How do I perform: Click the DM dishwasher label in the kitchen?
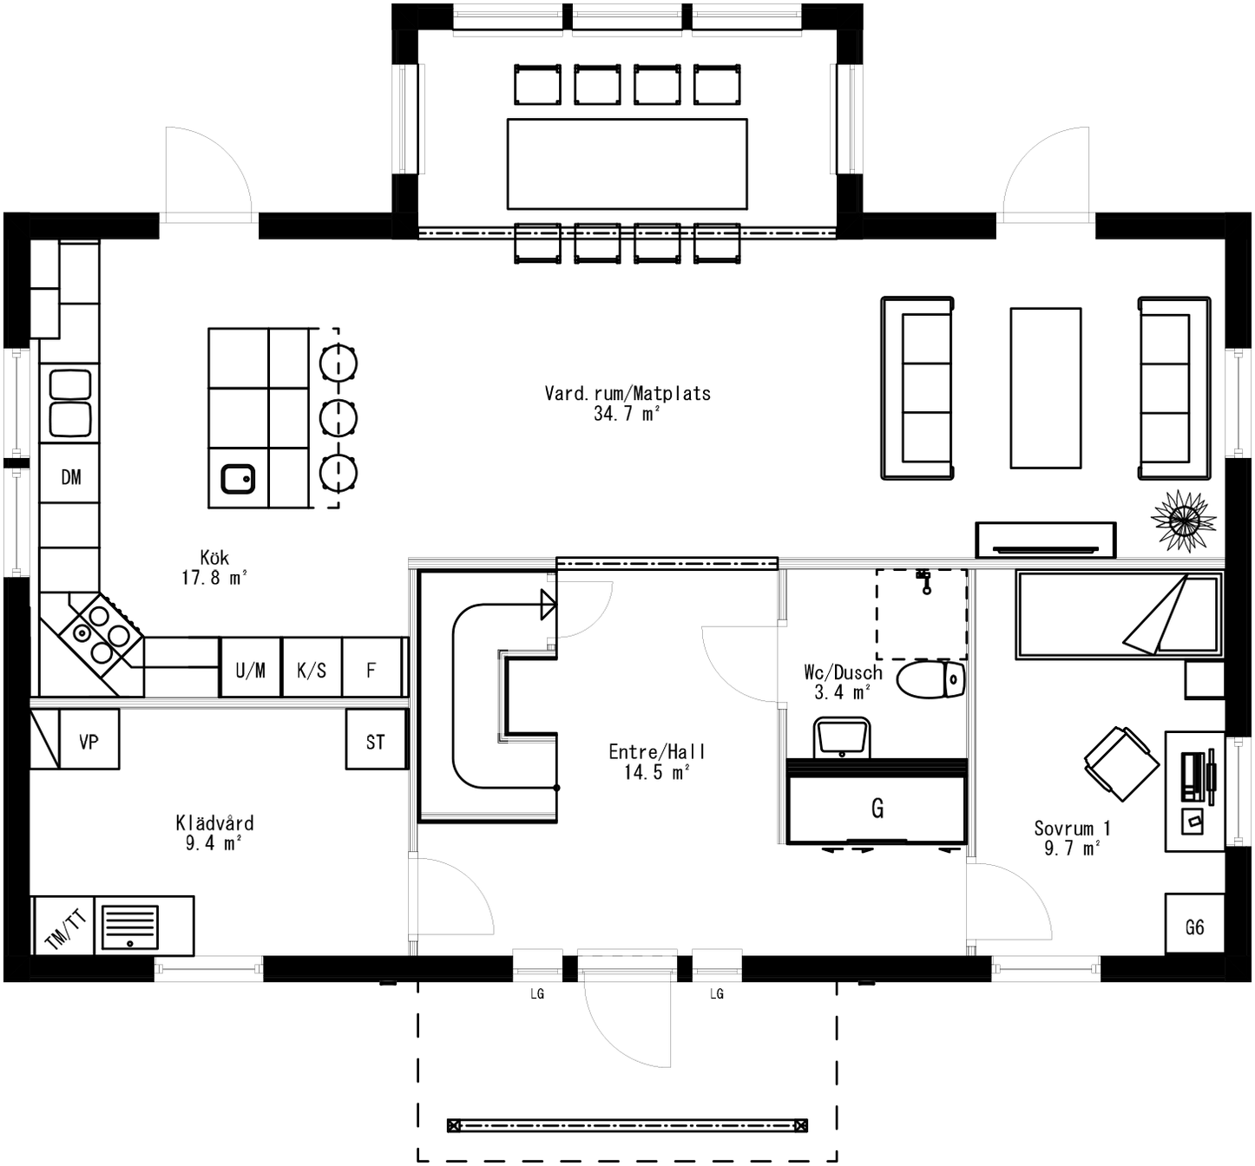pyautogui.click(x=70, y=476)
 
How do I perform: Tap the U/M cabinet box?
pyautogui.click(x=250, y=669)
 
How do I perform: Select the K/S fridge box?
pyautogui.click(x=312, y=669)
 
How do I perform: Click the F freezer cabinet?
pyautogui.click(x=372, y=669)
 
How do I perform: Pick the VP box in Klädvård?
pyautogui.click(x=89, y=741)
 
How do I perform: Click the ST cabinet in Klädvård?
pyautogui.click(x=376, y=741)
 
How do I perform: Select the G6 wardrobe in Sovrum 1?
pyautogui.click(x=1194, y=927)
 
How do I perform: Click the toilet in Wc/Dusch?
pyautogui.click(x=930, y=680)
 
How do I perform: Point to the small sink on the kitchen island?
pyautogui.click(x=238, y=478)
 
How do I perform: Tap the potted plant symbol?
pyautogui.click(x=1182, y=521)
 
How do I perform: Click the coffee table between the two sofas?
pyautogui.click(x=1045, y=388)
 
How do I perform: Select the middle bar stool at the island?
pyautogui.click(x=338, y=418)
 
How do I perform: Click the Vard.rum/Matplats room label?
pyautogui.click(x=627, y=394)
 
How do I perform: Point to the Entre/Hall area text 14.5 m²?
pyautogui.click(x=656, y=772)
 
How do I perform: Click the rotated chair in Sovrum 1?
pyautogui.click(x=1120, y=763)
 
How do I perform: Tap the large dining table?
pyautogui.click(x=627, y=164)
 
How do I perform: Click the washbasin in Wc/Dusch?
pyautogui.click(x=841, y=738)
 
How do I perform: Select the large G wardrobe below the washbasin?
pyautogui.click(x=877, y=808)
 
